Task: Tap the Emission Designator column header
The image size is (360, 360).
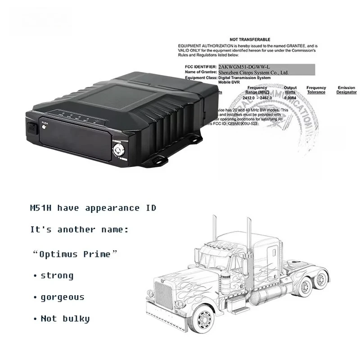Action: (x=346, y=90)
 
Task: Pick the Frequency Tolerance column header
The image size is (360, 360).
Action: (x=316, y=90)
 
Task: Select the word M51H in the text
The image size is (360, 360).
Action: (x=40, y=208)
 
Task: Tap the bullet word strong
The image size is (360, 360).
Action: (x=57, y=275)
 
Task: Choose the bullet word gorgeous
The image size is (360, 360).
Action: (x=62, y=297)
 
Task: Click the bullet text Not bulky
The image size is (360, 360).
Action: (x=65, y=319)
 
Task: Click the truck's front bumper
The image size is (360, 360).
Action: (x=162, y=317)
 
